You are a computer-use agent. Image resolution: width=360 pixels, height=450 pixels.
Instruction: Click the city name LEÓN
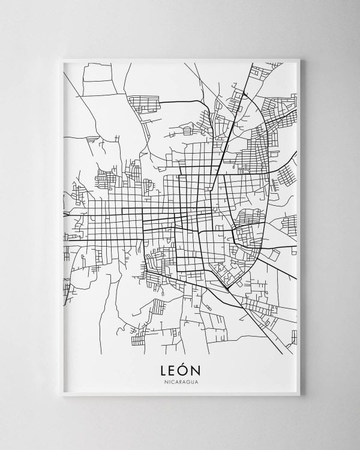pos(180,369)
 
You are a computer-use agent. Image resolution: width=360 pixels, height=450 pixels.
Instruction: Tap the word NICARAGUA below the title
pos(180,382)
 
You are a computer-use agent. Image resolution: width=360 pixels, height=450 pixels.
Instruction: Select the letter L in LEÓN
pos(164,370)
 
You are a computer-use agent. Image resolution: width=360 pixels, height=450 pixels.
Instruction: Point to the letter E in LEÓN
pos(173,370)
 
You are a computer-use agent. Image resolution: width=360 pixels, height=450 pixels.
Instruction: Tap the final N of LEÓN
pos(196,370)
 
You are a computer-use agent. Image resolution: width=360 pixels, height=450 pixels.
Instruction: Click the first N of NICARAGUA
pos(165,382)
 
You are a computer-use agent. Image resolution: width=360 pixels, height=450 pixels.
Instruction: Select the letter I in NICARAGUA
pos(169,382)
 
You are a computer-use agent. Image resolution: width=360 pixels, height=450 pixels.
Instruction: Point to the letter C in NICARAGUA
pos(172,382)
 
